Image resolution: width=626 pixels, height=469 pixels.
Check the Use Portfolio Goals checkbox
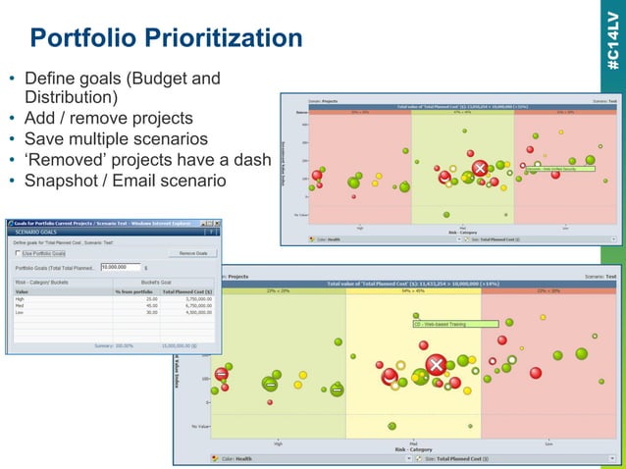click(19, 253)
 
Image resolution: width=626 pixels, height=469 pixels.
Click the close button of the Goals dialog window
click(216, 224)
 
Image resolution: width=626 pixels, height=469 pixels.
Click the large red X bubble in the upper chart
click(480, 170)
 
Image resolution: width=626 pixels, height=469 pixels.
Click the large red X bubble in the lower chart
click(436, 366)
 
